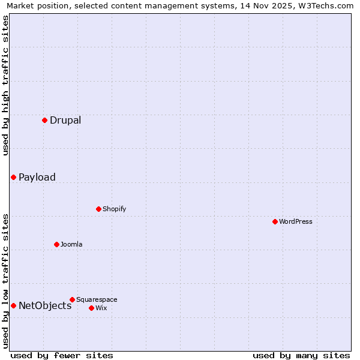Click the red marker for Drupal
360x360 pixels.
[44, 120]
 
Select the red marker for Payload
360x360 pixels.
[13, 177]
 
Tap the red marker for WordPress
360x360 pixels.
[275, 221]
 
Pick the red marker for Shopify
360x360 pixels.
[98, 209]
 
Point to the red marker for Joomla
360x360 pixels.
[56, 244]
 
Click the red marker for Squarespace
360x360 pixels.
[72, 299]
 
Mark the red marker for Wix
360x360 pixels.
[91, 308]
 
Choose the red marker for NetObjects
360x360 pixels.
[13, 305]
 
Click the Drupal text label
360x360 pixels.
[65, 120]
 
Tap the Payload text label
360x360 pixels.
[37, 177]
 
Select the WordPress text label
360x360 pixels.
[296, 221]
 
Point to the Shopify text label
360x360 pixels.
[114, 209]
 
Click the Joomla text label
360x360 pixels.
[71, 244]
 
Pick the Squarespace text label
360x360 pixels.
[97, 299]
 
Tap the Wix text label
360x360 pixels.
[101, 308]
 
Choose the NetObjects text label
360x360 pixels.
[45, 305]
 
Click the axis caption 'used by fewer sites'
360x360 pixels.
[62, 355]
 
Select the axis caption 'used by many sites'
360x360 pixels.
[301, 355]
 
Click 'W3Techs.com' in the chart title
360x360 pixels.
[327, 6]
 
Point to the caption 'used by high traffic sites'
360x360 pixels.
[6, 85]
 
